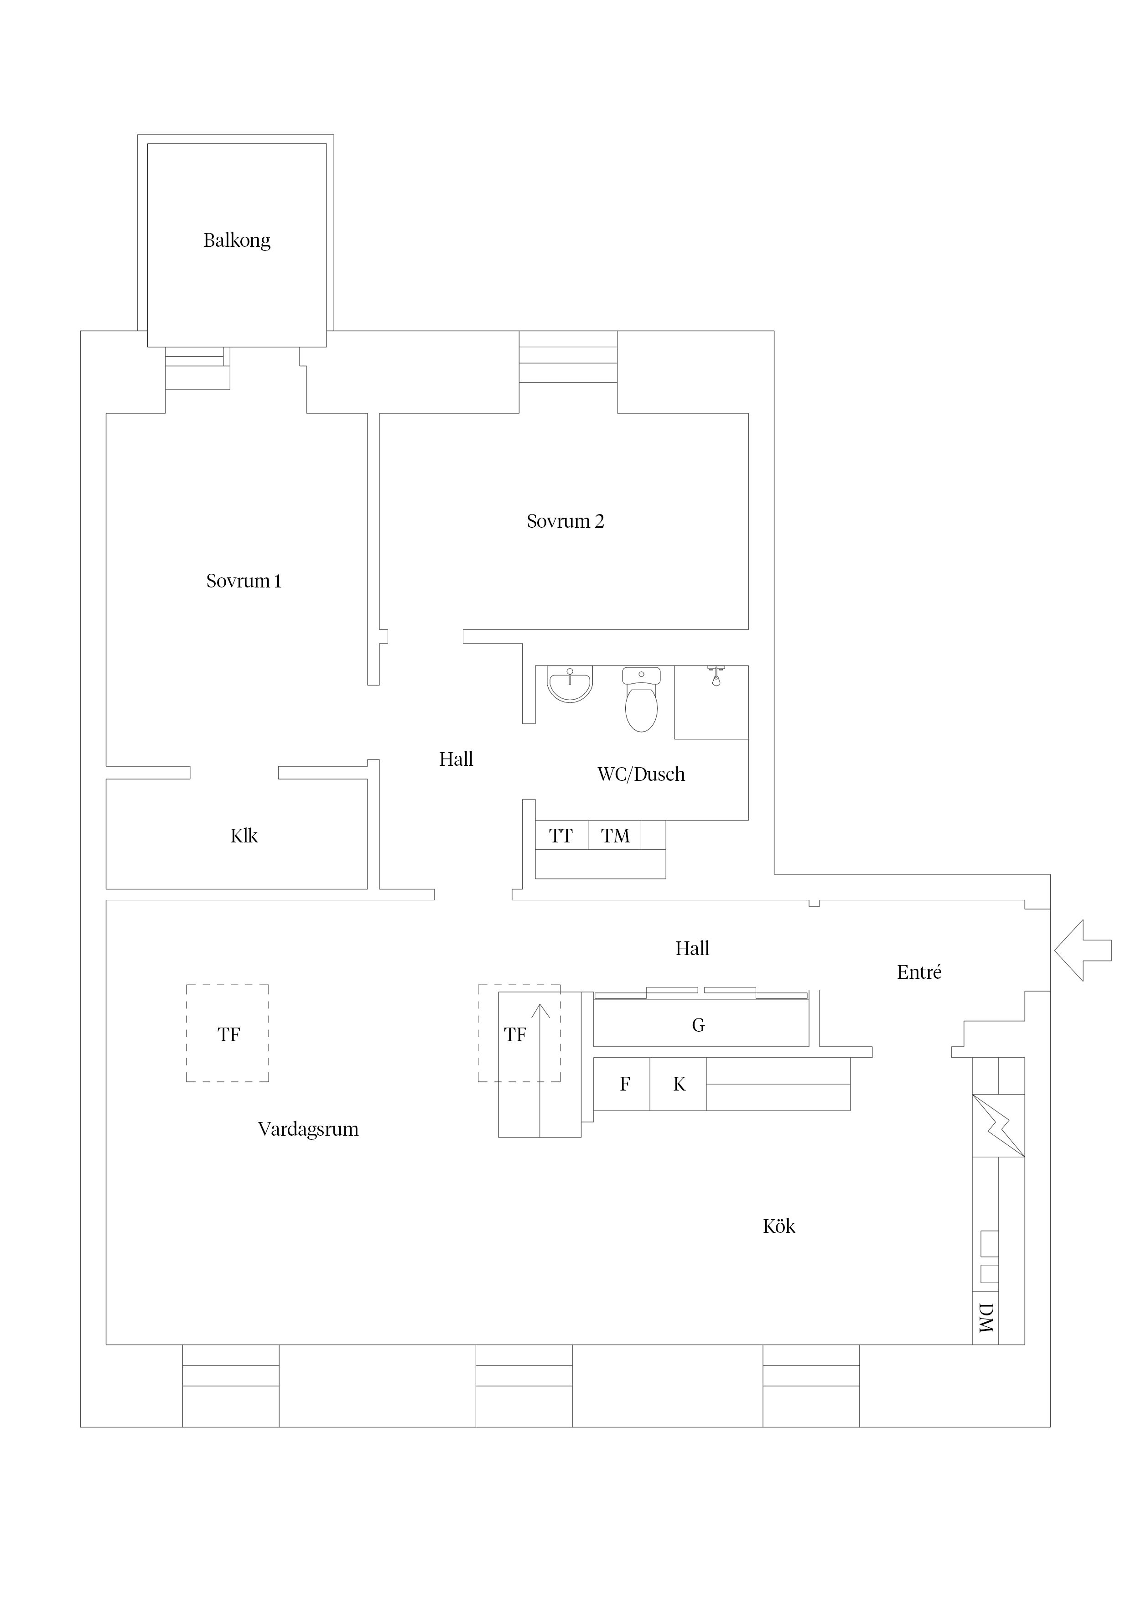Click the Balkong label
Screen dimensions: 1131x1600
click(237, 240)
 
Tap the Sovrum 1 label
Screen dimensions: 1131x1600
click(244, 581)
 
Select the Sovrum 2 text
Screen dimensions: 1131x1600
click(565, 521)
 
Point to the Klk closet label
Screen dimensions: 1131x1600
click(244, 836)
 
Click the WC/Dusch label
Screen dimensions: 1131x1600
click(641, 774)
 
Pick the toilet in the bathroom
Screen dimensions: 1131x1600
click(641, 699)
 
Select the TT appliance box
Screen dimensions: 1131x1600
click(562, 835)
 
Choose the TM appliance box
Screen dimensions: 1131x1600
click(615, 835)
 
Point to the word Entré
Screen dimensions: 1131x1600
click(919, 972)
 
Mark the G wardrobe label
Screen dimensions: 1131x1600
click(698, 1024)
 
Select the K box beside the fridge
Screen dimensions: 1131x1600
click(678, 1084)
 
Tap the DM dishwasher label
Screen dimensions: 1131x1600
click(986, 1318)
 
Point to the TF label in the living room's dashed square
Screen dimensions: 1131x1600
click(228, 1035)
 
